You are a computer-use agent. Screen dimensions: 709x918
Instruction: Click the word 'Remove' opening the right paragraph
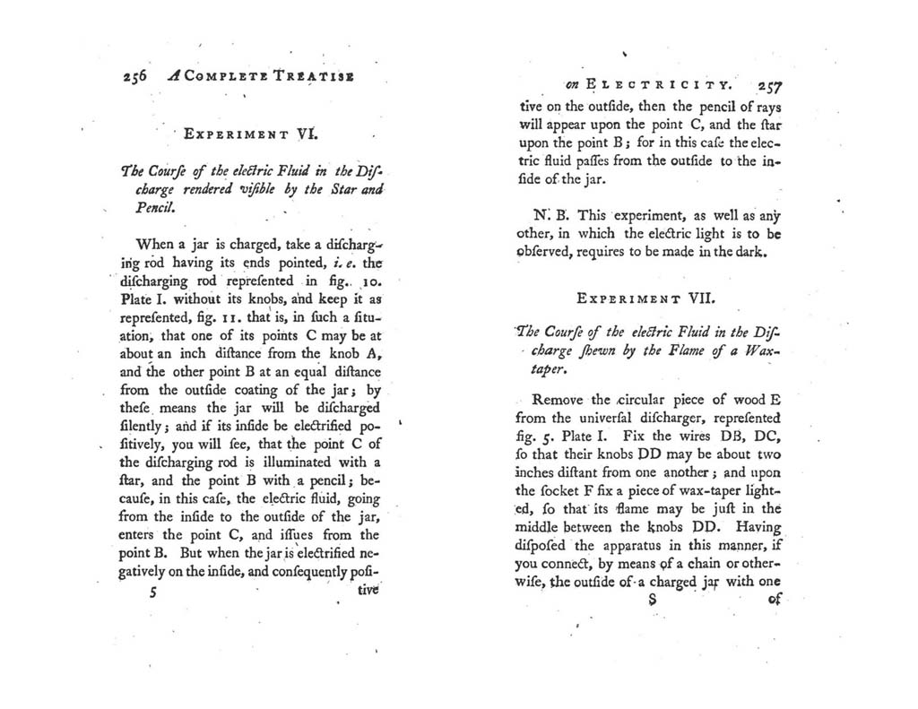pyautogui.click(x=558, y=400)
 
